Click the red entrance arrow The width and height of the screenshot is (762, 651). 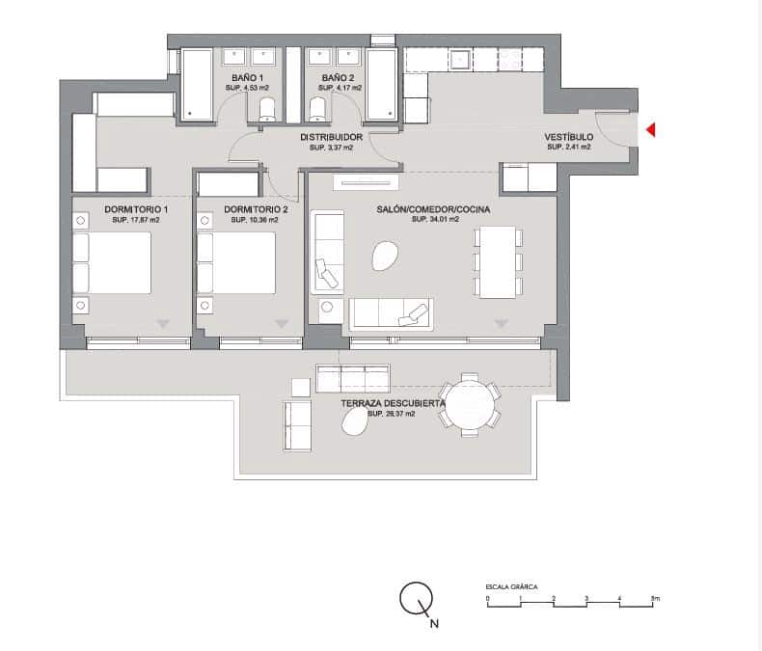pos(651,129)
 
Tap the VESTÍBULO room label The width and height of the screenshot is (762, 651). pos(569,137)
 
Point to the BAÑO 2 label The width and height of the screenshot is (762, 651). pos(339,77)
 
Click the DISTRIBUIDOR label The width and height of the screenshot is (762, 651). pos(331,138)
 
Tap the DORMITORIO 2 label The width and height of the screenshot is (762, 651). pos(256,209)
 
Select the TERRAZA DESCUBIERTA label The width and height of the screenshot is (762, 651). pos(392,403)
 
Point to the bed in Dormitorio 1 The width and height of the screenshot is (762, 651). pos(114,262)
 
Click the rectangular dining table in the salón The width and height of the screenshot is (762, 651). pos(498,262)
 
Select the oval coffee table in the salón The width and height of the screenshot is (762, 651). pos(384,257)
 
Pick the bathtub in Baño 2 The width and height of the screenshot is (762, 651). pos(382,85)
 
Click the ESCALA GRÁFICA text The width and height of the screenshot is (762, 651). pos(511,586)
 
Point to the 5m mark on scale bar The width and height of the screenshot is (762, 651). pos(654,599)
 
